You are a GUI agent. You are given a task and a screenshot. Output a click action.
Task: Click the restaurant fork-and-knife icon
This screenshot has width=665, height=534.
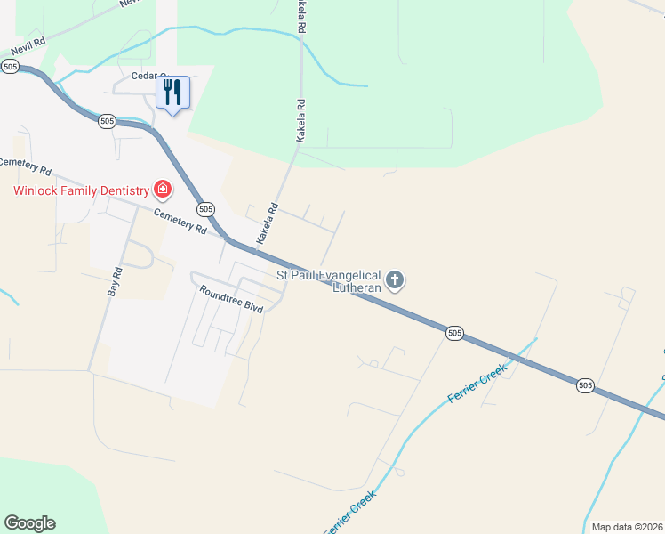click(x=173, y=92)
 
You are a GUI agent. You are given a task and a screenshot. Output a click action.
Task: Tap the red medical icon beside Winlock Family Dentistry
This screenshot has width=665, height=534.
click(x=162, y=189)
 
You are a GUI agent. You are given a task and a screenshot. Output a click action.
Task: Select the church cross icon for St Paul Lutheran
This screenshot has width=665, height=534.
click(x=396, y=281)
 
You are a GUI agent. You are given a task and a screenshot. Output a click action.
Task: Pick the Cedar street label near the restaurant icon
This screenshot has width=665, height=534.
click(x=147, y=76)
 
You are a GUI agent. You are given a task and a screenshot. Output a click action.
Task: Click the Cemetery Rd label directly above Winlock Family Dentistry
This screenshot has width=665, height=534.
click(x=26, y=166)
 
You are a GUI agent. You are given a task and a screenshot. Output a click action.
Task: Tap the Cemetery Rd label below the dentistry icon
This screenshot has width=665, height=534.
click(x=180, y=222)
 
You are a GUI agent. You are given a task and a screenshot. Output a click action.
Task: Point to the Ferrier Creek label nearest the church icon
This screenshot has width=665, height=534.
click(x=477, y=382)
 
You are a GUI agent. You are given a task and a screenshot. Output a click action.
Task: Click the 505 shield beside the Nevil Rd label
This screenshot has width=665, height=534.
click(x=11, y=67)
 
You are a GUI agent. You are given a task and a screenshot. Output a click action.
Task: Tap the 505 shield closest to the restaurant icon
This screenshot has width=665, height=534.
click(x=107, y=121)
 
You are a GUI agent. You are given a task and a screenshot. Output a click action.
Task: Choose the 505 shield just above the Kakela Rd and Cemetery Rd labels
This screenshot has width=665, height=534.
click(x=206, y=209)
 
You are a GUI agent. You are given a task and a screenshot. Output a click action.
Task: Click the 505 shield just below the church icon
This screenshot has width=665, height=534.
click(x=454, y=333)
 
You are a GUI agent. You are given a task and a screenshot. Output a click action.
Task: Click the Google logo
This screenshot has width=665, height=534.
click(x=29, y=522)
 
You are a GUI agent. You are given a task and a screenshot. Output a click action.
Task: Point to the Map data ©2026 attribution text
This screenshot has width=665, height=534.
click(x=627, y=527)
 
